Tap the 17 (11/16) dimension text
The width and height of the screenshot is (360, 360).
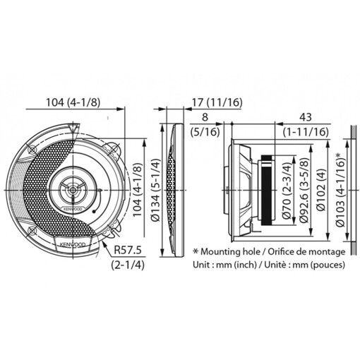218,102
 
